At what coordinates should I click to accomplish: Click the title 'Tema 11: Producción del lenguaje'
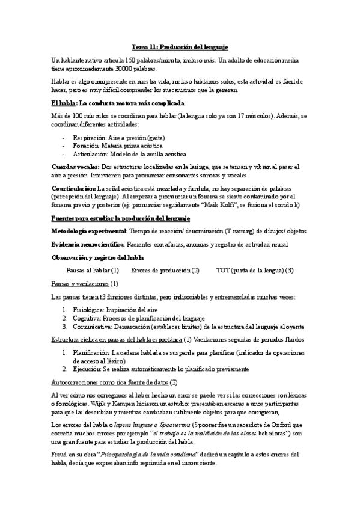click(x=180, y=47)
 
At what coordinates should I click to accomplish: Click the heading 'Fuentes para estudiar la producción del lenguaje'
click(x=121, y=217)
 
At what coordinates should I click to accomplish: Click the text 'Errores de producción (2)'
click(x=165, y=270)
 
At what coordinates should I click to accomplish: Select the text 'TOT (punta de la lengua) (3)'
click(x=254, y=270)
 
